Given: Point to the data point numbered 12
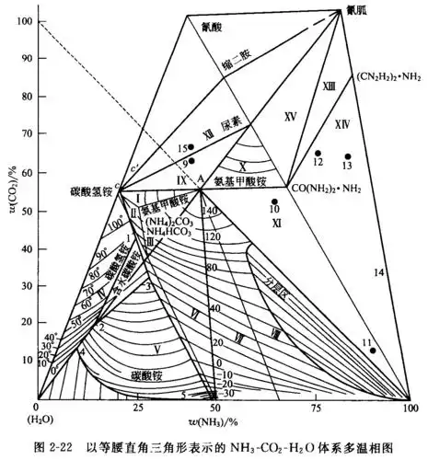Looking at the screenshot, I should [x=318, y=153].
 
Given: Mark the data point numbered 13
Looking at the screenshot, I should [x=348, y=156].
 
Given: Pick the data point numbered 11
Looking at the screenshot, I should [x=373, y=351].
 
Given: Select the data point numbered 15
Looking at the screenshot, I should [x=191, y=147].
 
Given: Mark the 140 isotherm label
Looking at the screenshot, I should [x=214, y=211].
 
